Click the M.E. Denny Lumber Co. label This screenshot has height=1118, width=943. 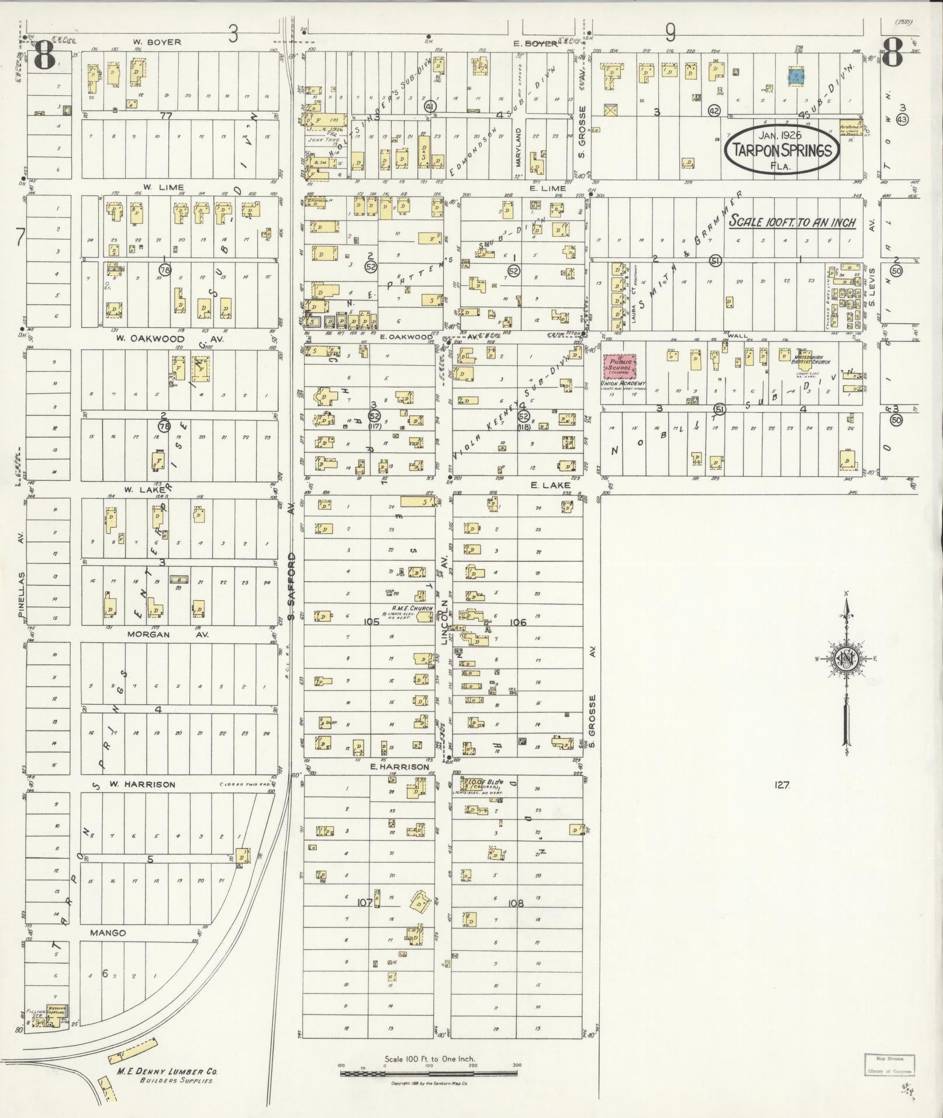click(167, 1072)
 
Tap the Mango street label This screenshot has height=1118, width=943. click(108, 933)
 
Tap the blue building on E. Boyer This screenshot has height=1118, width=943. click(795, 77)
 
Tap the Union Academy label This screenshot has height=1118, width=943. click(622, 383)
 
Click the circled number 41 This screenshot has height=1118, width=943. click(430, 106)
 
